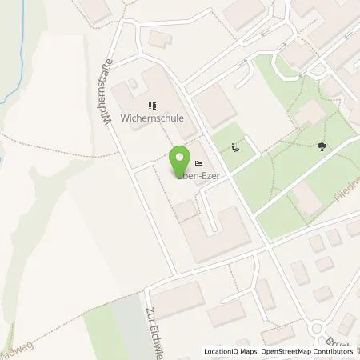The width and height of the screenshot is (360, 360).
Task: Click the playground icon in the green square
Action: click(235, 146)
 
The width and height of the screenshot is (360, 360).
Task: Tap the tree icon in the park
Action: click(322, 146)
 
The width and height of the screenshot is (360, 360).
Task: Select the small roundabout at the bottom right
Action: click(318, 329)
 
